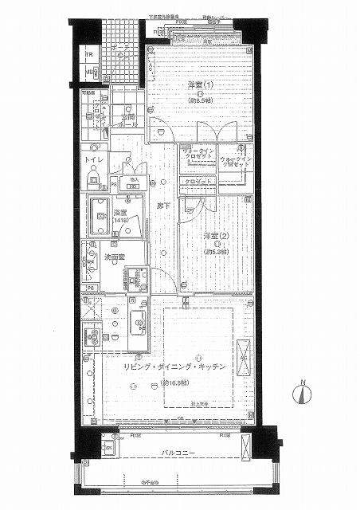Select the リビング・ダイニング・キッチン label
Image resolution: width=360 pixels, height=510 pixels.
[174, 366]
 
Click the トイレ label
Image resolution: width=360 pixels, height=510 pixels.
[95, 160]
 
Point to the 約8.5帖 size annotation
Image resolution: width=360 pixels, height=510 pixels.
[200, 101]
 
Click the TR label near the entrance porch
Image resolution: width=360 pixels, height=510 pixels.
[91, 57]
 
